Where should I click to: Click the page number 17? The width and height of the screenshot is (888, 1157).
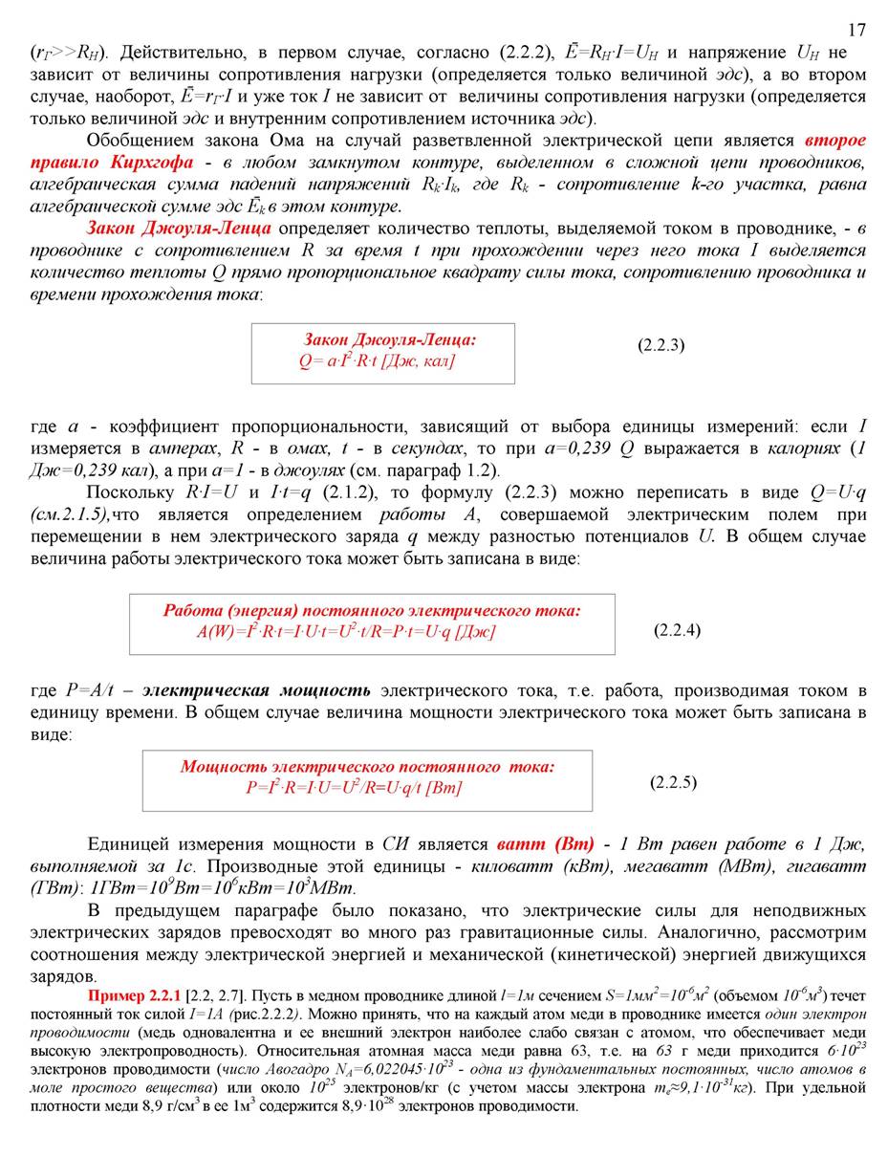tap(856, 30)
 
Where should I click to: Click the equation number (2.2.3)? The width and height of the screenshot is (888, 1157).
tap(661, 344)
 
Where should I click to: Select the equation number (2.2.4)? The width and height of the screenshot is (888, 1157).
tap(677, 629)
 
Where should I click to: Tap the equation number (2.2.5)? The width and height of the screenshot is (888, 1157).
tap(673, 782)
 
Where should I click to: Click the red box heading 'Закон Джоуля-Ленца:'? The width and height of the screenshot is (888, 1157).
tap(389, 339)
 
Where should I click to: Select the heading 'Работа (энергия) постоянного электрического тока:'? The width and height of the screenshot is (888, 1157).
tap(372, 611)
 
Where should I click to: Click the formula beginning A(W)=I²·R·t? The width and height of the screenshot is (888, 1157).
tap(346, 631)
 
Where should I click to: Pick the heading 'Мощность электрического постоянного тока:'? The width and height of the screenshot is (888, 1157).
tap(367, 767)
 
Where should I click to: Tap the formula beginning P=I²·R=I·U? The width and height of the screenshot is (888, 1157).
tap(353, 788)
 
